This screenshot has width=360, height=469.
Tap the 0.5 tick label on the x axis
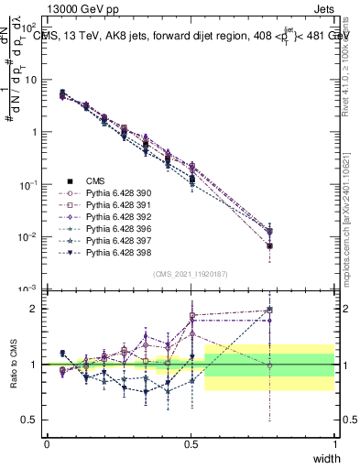point(191,443)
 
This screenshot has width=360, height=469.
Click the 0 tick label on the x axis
point(47,443)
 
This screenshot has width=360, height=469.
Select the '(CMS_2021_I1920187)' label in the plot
point(191,274)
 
